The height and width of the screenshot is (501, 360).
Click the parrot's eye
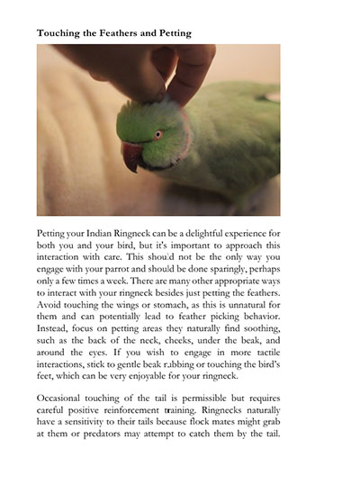(x=158, y=134)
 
